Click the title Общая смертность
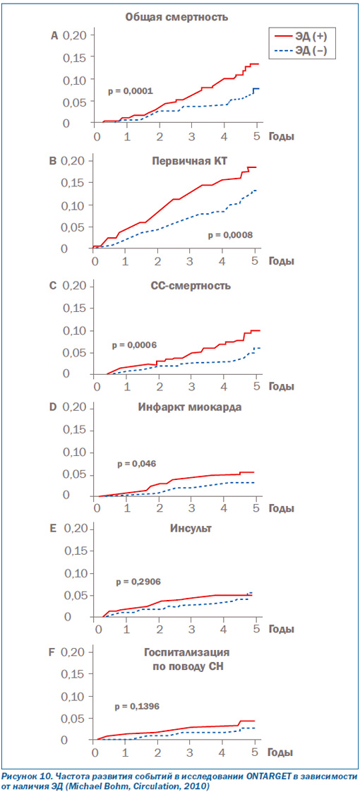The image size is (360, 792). pyautogui.click(x=176, y=18)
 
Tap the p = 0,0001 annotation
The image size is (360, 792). pyautogui.click(x=130, y=91)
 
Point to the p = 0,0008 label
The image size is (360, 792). pyautogui.click(x=229, y=234)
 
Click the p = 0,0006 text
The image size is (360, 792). pyautogui.click(x=134, y=345)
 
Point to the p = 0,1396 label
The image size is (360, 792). pyautogui.click(x=137, y=706)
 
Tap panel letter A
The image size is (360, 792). pyautogui.click(x=54, y=35)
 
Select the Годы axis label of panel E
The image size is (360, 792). pyautogui.click(x=281, y=631)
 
